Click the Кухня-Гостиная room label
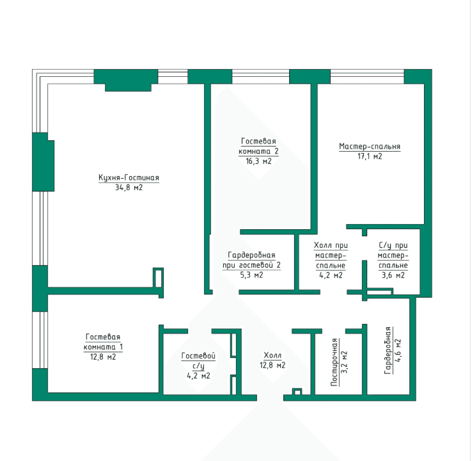click(x=129, y=177)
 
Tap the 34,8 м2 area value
click(x=129, y=188)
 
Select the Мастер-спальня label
click(x=370, y=146)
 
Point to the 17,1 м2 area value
click(x=370, y=156)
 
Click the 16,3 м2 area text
click(x=258, y=161)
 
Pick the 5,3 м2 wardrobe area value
click(x=251, y=275)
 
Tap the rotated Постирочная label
click(x=334, y=362)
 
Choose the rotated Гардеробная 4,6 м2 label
click(x=393, y=350)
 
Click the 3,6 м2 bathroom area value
click(x=393, y=275)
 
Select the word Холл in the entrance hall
click(x=272, y=355)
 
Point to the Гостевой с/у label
click(x=198, y=360)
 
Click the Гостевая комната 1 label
click(x=103, y=342)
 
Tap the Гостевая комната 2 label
click(x=258, y=146)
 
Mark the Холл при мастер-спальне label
click(x=331, y=255)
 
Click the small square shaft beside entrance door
click(x=297, y=392)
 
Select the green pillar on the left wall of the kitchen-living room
click(x=43, y=162)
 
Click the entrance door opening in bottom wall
click(x=270, y=398)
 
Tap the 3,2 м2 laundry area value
click(x=344, y=362)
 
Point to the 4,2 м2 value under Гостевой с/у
click(x=198, y=376)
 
